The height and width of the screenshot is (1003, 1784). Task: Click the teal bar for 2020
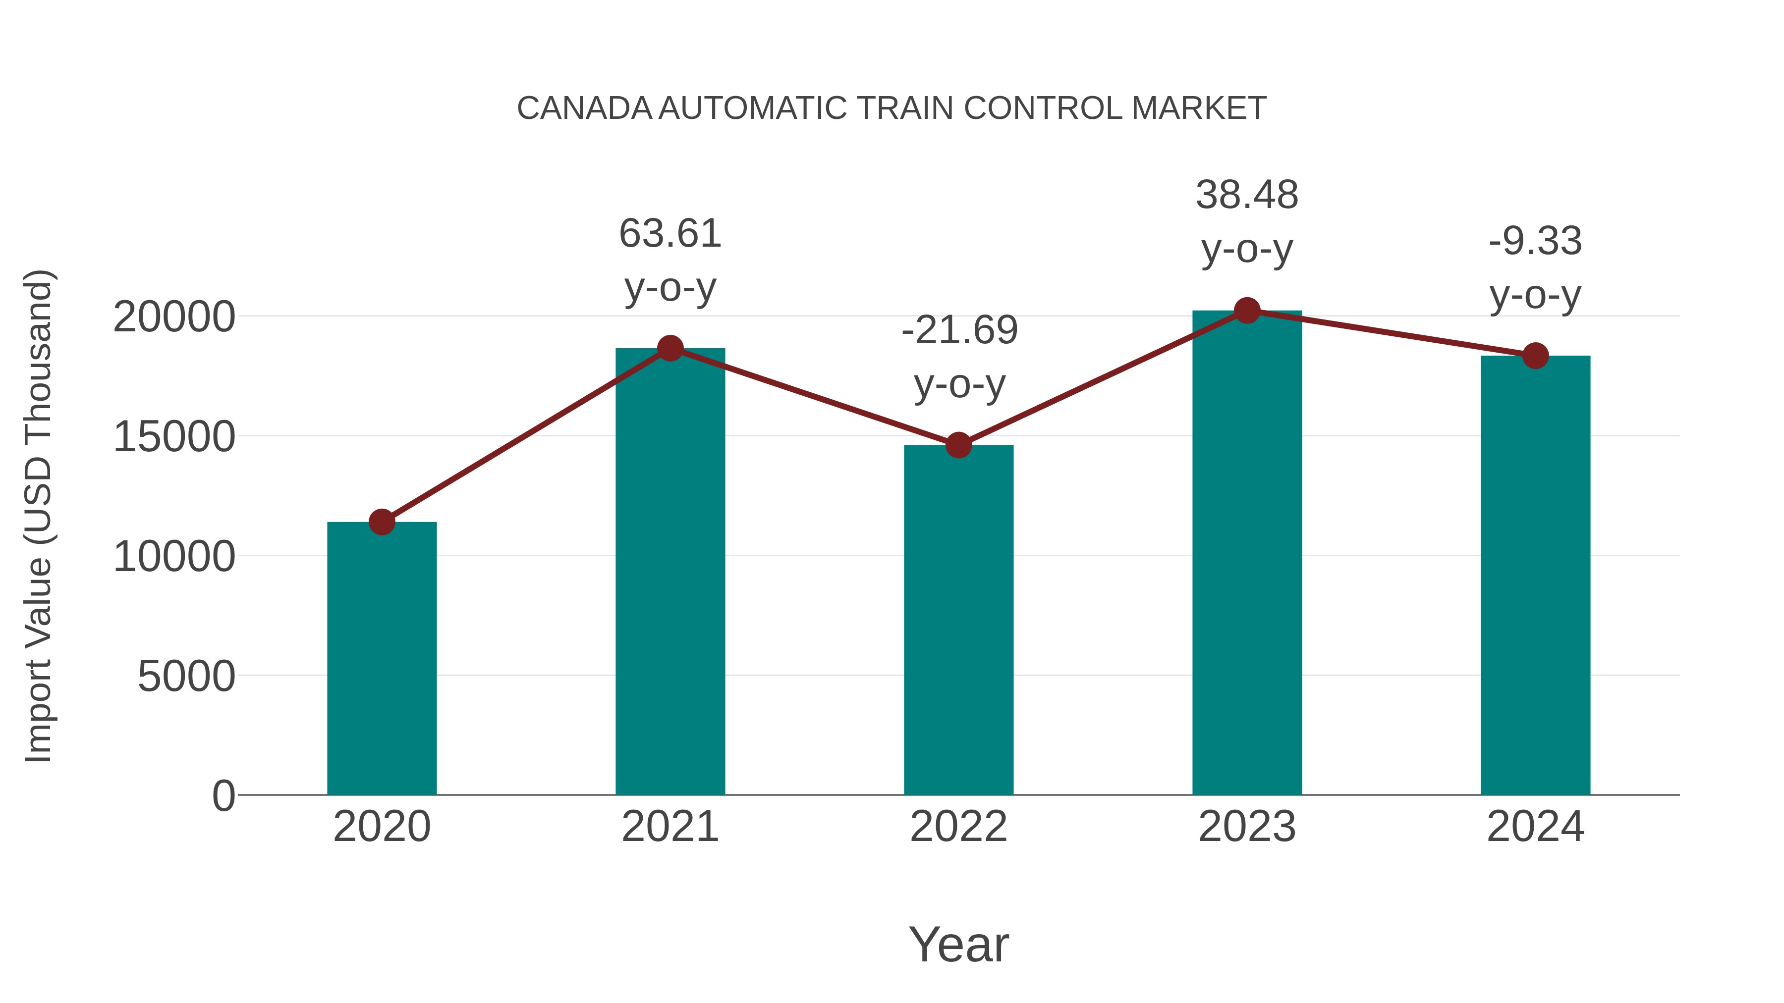[x=382, y=658]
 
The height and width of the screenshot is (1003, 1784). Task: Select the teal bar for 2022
[x=958, y=620]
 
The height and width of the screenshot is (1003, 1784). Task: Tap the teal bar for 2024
[x=1535, y=575]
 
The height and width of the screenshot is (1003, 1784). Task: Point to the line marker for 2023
[x=1247, y=311]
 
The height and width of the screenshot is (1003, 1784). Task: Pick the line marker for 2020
[x=382, y=522]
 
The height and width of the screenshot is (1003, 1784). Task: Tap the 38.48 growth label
[x=1247, y=195]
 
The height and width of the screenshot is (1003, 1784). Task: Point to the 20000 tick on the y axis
[x=174, y=317]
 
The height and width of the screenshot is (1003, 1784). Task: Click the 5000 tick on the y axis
[x=186, y=676]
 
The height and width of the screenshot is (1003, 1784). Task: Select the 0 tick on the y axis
[x=223, y=796]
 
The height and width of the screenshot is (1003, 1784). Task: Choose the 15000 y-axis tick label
[x=174, y=437]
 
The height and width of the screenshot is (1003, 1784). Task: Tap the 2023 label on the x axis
[x=1247, y=827]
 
